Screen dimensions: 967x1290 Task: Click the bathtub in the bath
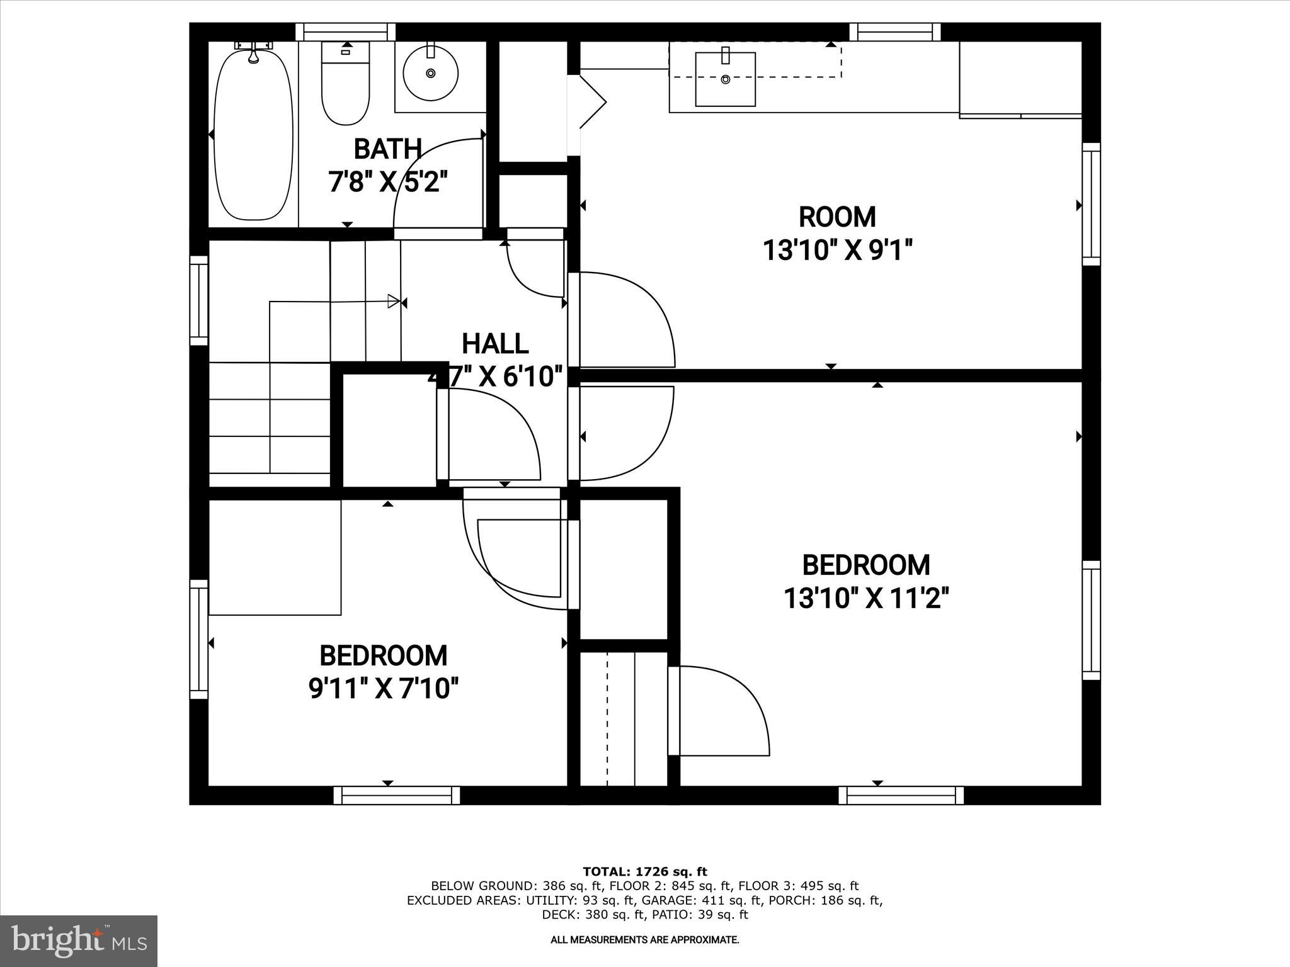(253, 135)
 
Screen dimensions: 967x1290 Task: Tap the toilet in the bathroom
(345, 85)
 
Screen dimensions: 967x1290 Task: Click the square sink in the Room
(725, 79)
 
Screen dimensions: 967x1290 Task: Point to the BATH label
(387, 149)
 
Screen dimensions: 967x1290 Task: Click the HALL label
(495, 344)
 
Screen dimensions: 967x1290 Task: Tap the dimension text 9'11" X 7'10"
(383, 688)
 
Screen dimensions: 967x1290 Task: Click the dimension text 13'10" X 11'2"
(865, 598)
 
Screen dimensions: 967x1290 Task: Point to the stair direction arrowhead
(394, 302)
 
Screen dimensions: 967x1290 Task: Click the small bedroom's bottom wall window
(397, 795)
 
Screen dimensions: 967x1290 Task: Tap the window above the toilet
(345, 31)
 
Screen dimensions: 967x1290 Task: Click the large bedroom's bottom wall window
(901, 795)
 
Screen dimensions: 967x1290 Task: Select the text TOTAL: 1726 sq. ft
(645, 872)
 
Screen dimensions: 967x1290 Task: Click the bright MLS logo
(79, 941)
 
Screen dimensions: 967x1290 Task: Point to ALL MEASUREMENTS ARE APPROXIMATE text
(645, 940)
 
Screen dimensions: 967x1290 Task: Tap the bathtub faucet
(254, 55)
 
